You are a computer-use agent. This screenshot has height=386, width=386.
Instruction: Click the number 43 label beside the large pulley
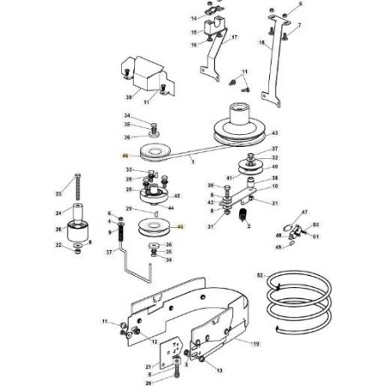pos(276,134)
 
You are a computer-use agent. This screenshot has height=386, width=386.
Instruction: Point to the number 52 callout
pos(260,275)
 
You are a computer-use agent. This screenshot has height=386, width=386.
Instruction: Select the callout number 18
pos(261,41)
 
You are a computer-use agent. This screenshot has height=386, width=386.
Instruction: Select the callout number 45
pos(176,196)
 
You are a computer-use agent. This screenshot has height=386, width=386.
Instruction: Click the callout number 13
pos(219,371)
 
